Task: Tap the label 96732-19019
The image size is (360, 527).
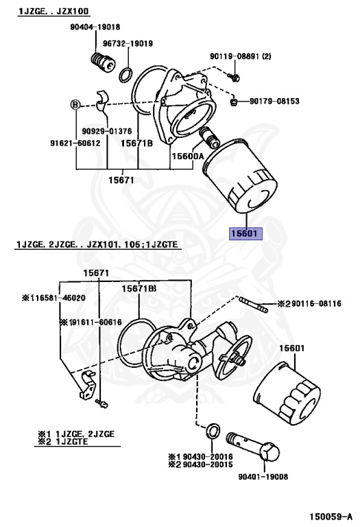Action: click(128, 43)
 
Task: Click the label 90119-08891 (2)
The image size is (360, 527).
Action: click(241, 56)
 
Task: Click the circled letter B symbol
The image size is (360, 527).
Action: click(75, 104)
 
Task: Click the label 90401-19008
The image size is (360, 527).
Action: click(263, 477)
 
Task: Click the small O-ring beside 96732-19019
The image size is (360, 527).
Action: click(127, 73)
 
